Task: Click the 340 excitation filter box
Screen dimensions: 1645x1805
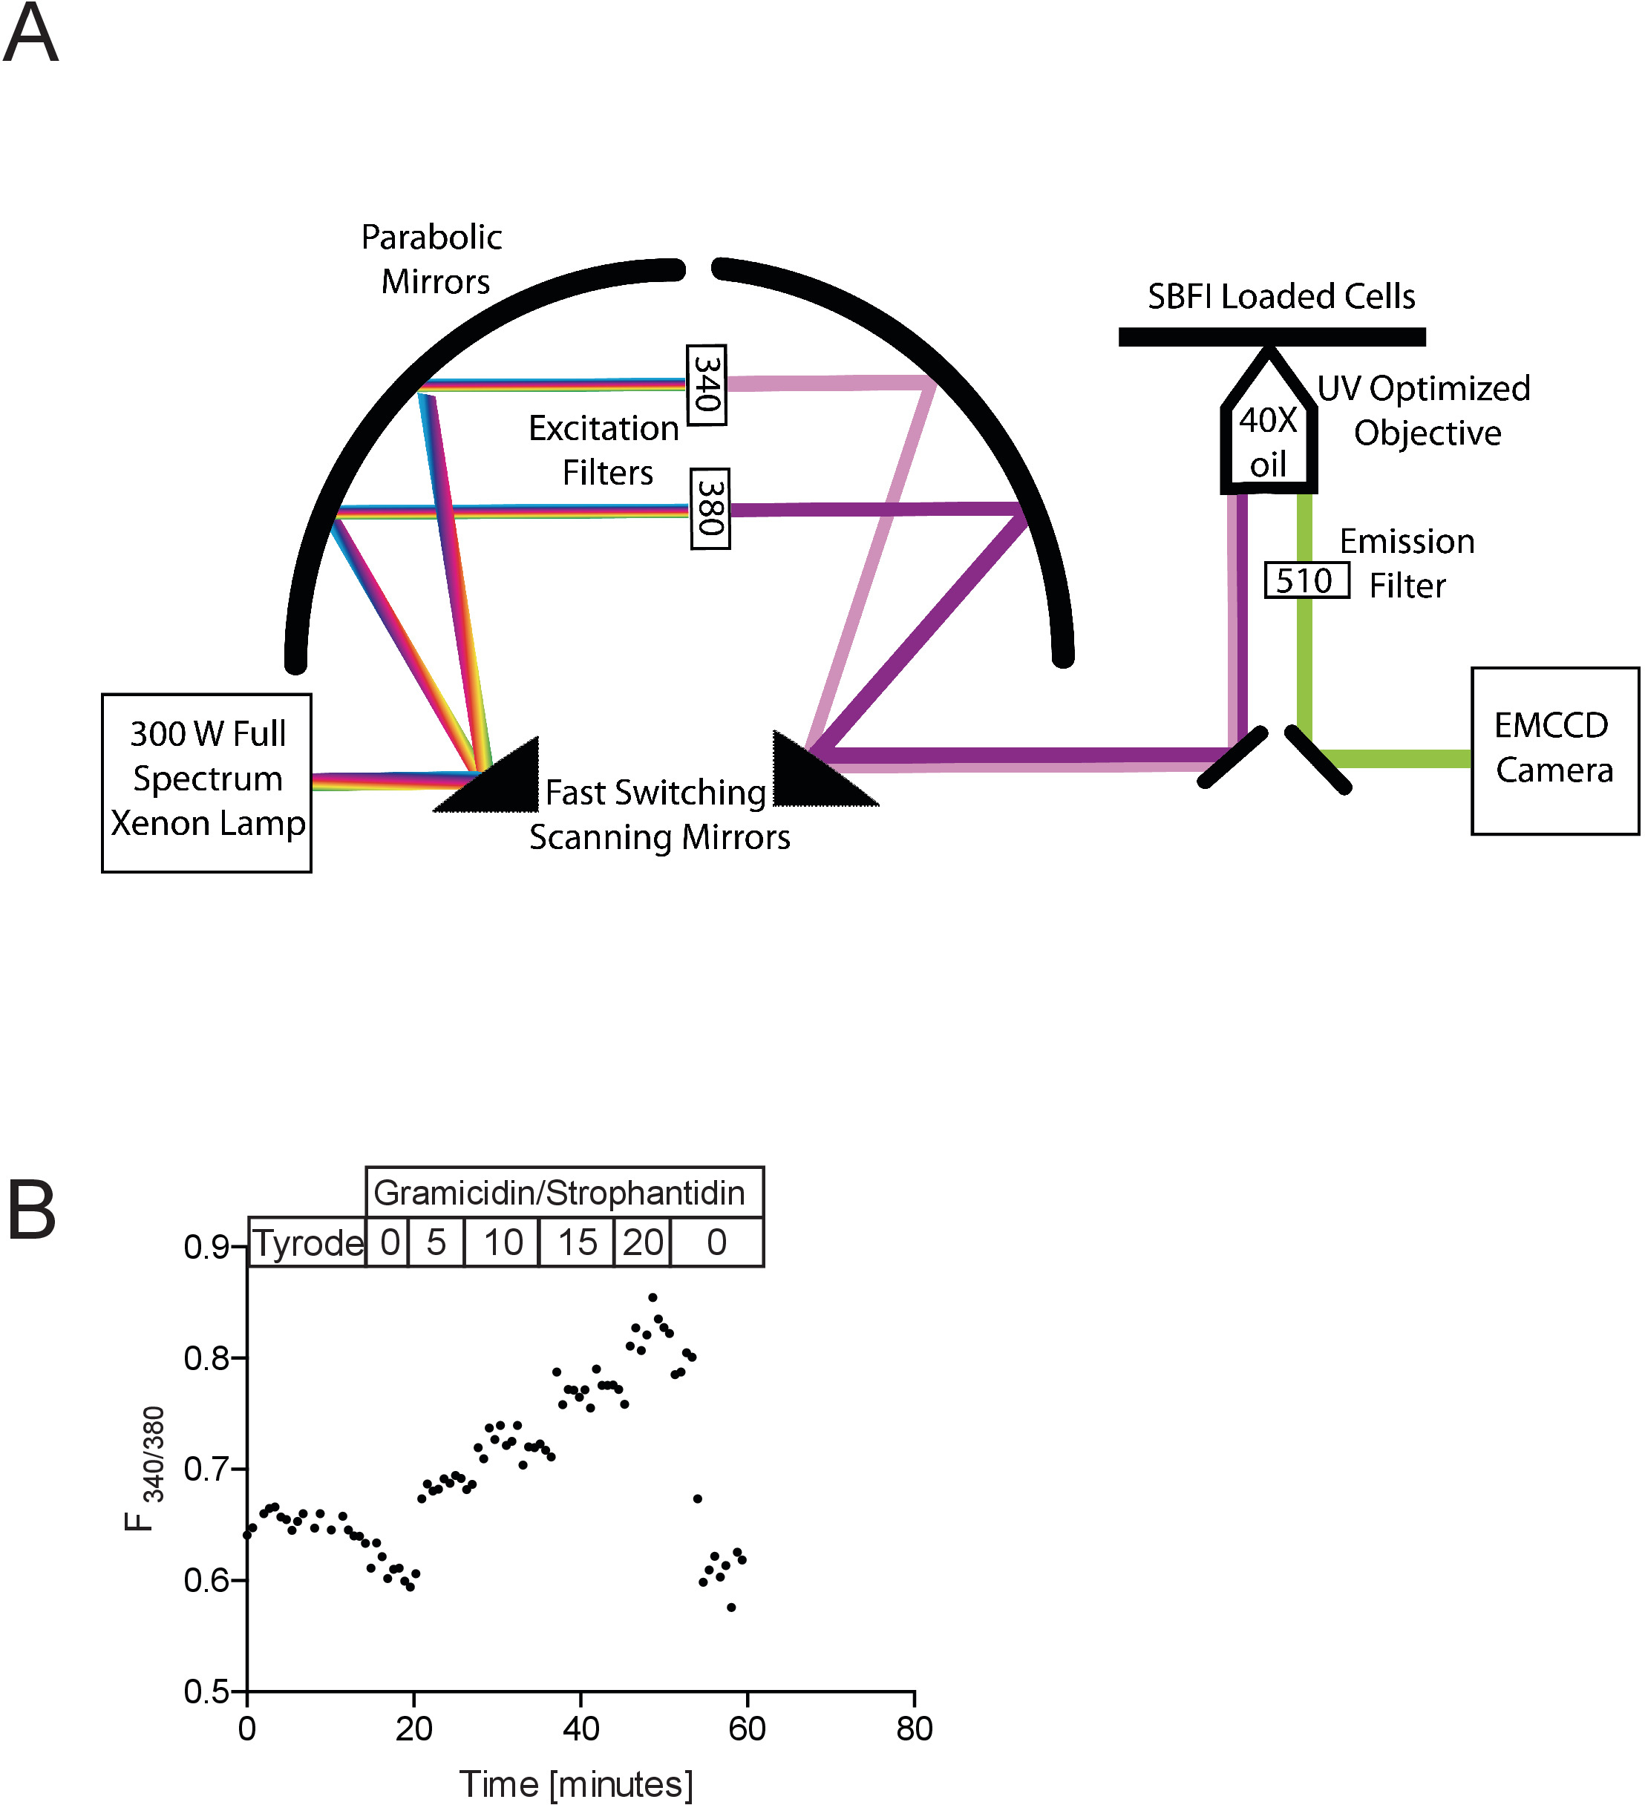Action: (707, 385)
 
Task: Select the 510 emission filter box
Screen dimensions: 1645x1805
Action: (1306, 580)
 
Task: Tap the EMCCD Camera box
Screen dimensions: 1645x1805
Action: (1554, 750)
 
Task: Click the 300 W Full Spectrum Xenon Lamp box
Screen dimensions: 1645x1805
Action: (207, 782)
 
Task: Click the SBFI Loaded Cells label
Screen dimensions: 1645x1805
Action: (1281, 296)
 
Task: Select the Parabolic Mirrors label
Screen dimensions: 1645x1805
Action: (433, 259)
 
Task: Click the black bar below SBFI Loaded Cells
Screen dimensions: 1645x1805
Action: (1272, 337)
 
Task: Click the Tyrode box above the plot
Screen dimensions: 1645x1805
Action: (307, 1242)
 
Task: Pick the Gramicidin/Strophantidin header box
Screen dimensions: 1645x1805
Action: (565, 1192)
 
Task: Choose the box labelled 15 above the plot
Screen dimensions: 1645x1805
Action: (577, 1242)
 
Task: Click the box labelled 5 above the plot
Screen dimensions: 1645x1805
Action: (436, 1242)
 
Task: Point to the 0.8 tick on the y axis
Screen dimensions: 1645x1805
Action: (238, 1358)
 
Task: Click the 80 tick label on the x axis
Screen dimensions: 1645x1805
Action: (915, 1728)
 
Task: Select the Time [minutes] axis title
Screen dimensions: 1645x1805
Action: (576, 1783)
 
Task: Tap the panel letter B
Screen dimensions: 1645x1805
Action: (31, 1211)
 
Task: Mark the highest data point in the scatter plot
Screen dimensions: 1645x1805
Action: (653, 1297)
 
